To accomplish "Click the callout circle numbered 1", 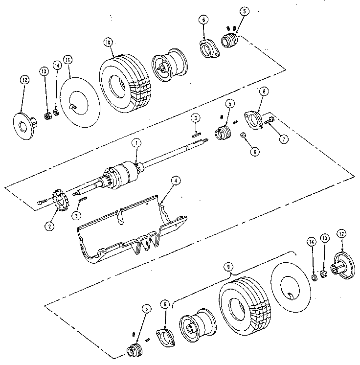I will click(136, 143).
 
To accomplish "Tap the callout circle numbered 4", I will click(176, 180).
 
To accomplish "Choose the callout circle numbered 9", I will click(227, 267).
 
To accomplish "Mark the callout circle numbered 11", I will click(68, 60).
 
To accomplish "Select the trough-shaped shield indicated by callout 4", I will click(130, 230).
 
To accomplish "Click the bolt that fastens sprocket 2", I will click(42, 202).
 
